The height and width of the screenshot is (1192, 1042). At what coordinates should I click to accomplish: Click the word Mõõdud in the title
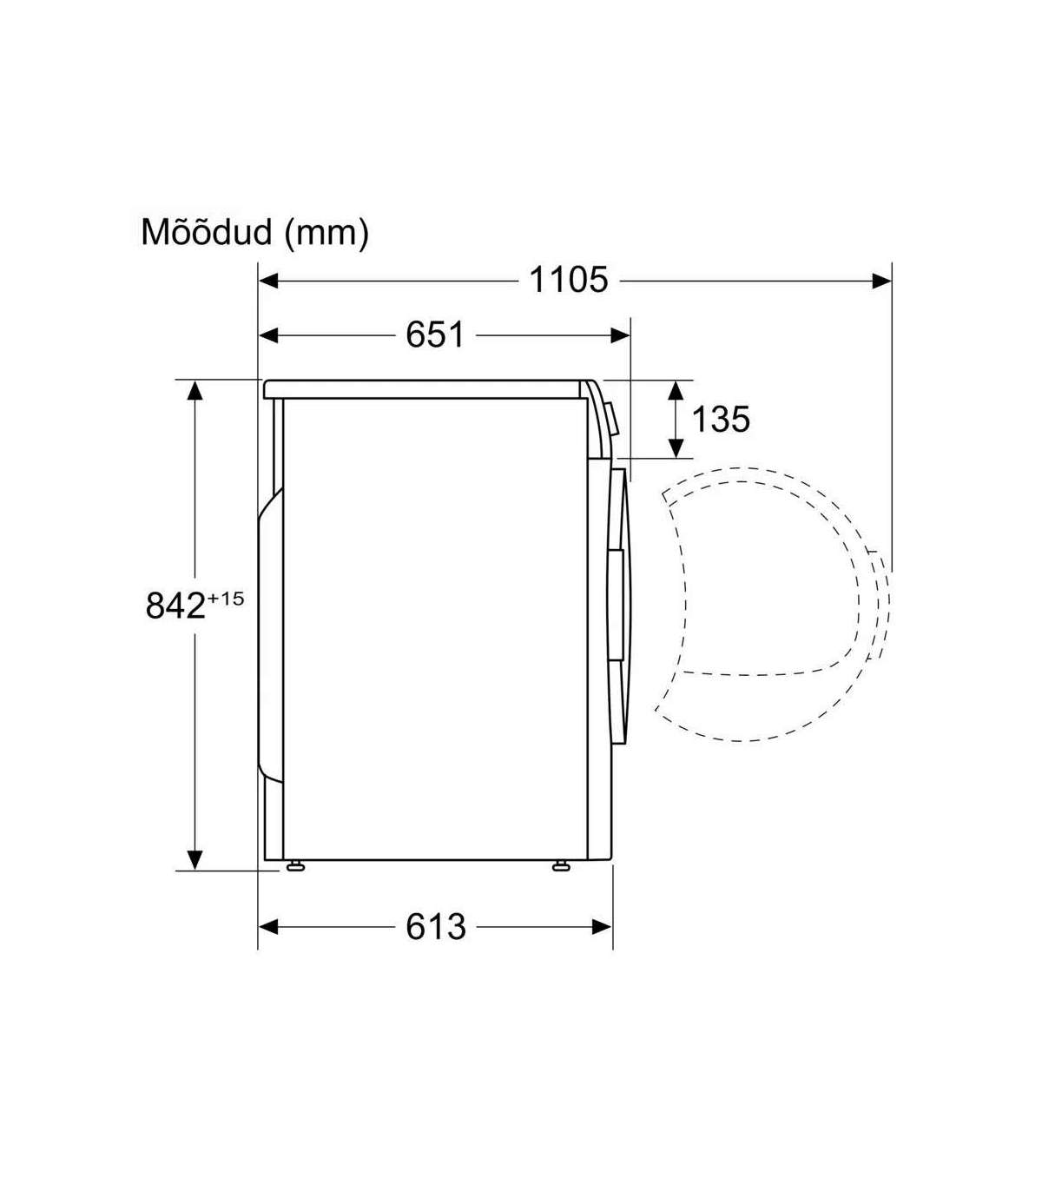point(207,232)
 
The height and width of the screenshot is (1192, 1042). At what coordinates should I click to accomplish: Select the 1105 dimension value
point(568,280)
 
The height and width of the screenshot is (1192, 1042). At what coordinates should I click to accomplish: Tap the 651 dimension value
point(435,334)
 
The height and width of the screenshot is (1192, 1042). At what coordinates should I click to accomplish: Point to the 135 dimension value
point(721,419)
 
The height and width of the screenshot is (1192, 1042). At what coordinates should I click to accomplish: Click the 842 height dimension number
point(175,606)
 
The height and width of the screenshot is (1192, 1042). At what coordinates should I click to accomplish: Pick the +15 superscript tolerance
point(225,599)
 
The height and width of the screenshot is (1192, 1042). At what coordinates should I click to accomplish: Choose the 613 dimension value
point(435,926)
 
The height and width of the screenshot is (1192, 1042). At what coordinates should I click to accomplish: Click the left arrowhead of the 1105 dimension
point(268,281)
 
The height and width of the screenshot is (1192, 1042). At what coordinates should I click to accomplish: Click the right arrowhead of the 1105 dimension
point(881,281)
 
